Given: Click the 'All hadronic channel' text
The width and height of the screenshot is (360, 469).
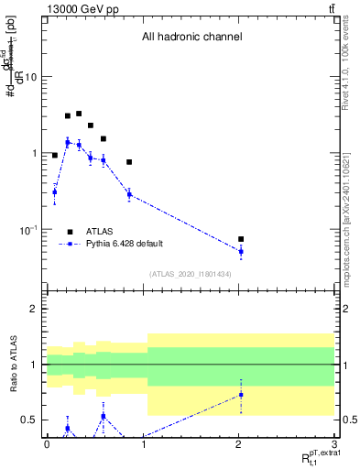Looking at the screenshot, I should [191, 38].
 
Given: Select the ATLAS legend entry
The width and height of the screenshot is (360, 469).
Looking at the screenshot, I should [100, 232].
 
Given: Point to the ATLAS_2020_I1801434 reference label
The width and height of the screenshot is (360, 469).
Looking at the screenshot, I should [191, 275].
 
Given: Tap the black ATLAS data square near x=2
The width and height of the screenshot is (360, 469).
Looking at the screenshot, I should [241, 239].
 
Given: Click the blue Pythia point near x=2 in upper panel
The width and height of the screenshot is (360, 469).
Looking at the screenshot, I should [241, 251].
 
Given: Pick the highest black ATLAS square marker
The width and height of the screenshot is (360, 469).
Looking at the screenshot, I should [79, 114].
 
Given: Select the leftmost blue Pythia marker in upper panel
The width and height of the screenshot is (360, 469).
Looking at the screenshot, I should [55, 191].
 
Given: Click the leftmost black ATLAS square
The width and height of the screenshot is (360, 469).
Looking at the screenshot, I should [55, 156].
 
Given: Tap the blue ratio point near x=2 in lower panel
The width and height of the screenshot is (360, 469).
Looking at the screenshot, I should [241, 395].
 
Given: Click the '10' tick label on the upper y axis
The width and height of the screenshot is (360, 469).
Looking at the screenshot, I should [30, 77].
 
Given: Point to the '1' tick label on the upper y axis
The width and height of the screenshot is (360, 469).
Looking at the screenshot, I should [34, 153].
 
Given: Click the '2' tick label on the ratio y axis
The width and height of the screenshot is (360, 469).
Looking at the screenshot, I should [34, 309].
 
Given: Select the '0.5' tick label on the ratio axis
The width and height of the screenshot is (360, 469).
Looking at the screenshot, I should [30, 420].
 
